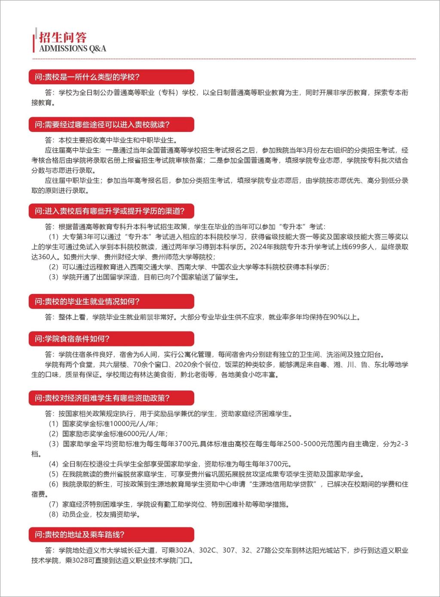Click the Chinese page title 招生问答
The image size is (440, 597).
(63, 37)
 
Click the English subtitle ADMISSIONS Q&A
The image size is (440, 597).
(72, 49)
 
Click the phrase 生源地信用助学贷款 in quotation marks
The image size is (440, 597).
(283, 484)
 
